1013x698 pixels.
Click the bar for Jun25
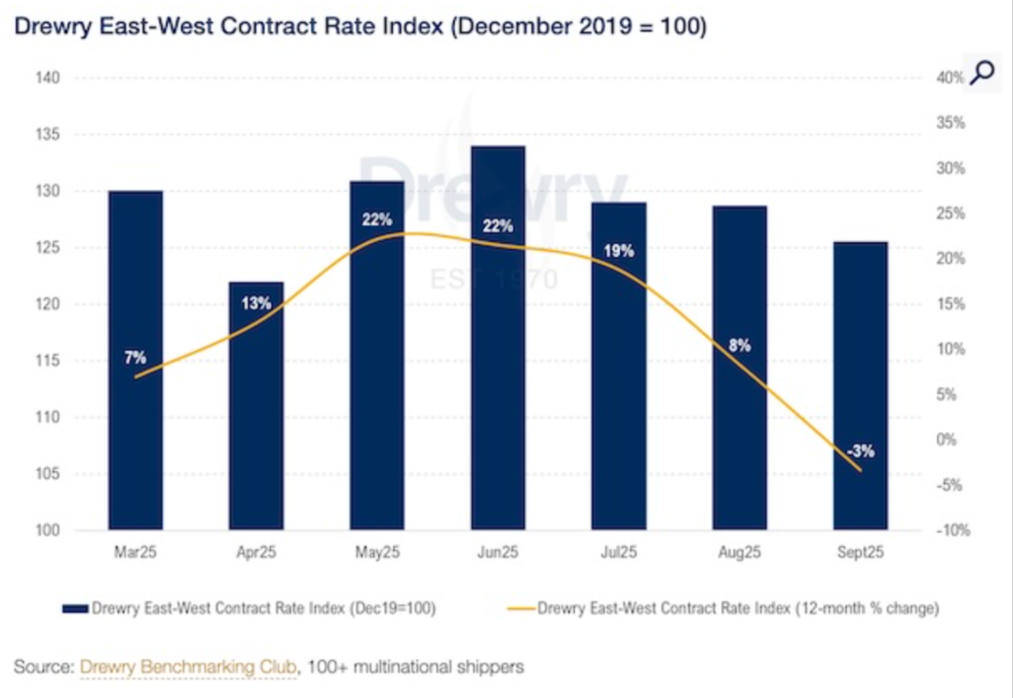498,338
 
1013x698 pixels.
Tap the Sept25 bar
860,386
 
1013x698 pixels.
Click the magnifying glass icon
982,72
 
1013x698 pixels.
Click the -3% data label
860,451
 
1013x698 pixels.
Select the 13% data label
256,303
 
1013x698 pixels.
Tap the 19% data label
619,251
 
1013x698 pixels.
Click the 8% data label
740,345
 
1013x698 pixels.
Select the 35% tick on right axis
950,123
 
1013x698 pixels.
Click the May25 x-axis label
377,554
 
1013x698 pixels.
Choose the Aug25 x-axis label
739,554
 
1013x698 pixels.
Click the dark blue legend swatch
74,609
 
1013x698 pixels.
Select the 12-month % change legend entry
737,609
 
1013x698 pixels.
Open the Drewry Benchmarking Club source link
189,667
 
